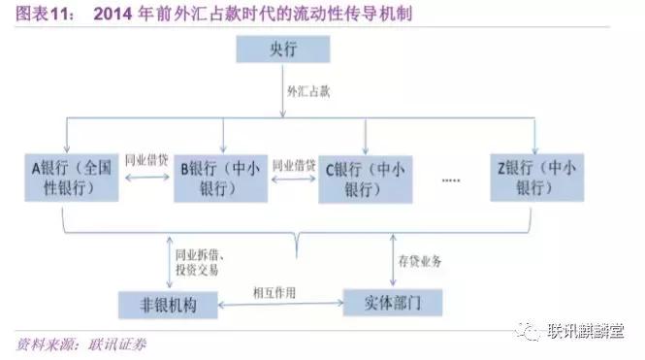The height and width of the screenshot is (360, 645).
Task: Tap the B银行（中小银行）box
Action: point(222,176)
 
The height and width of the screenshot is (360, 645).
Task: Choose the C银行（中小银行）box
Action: point(369,177)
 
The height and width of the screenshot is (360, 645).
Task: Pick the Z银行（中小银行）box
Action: point(538,176)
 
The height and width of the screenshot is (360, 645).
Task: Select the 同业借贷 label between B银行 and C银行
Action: point(295,164)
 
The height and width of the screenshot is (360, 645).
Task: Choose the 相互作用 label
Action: point(274,291)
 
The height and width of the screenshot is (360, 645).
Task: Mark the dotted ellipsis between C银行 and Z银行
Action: point(451,180)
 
